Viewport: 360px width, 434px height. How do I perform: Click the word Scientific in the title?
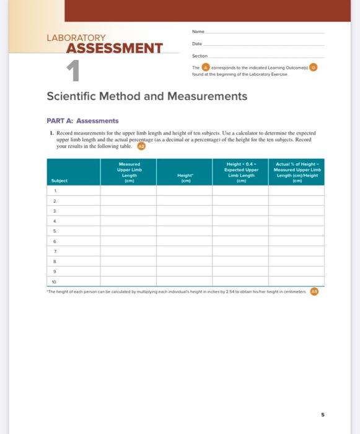72,97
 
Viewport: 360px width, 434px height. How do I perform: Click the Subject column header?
60,182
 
